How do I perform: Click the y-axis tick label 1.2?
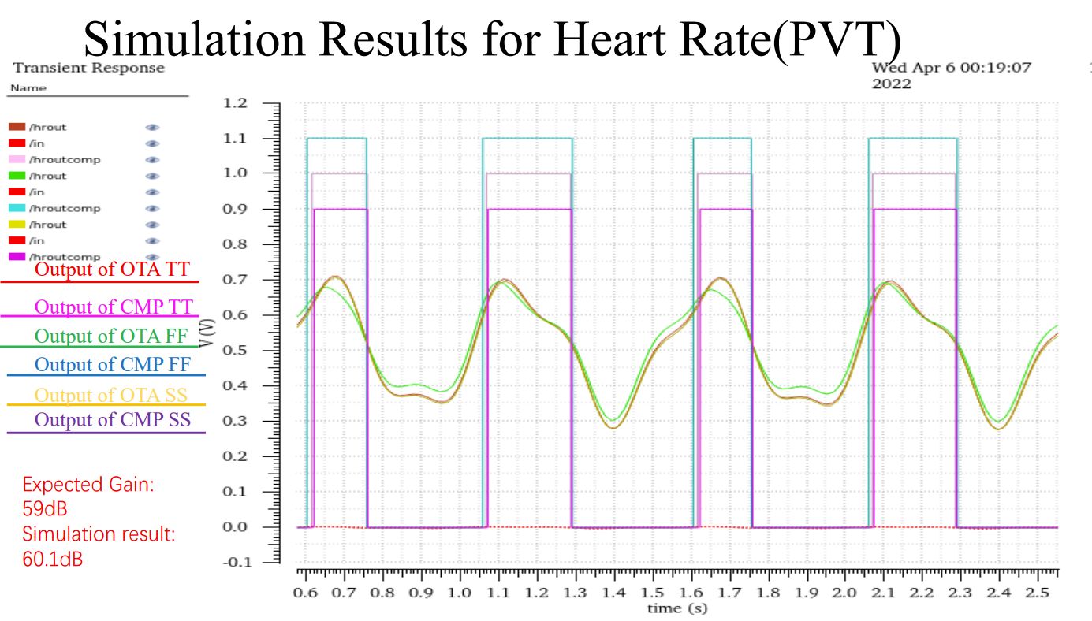(x=235, y=103)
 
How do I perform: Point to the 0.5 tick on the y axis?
(x=235, y=350)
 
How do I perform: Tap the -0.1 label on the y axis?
(x=233, y=562)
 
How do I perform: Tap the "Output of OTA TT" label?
(x=112, y=269)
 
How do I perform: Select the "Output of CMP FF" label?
(x=113, y=365)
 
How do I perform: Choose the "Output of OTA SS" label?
(x=111, y=395)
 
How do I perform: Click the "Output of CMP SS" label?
(x=113, y=420)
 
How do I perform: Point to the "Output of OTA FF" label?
(x=111, y=337)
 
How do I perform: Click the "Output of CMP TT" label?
(x=114, y=307)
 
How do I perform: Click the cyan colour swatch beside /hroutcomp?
(x=17, y=208)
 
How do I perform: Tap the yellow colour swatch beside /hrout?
(x=17, y=225)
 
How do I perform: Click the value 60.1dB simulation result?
(x=53, y=560)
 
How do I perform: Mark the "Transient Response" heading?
(x=88, y=68)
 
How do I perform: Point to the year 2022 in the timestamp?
(x=891, y=84)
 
